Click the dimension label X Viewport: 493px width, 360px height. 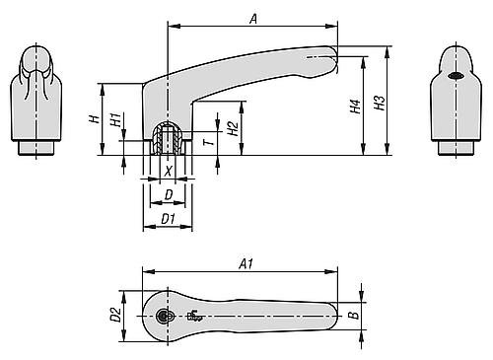pos(169,170)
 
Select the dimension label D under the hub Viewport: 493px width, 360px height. pos(169,195)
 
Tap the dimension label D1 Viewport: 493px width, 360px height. pos(168,218)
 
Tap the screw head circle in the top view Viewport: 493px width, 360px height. pos(164,316)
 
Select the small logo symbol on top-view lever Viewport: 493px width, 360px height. pos(192,317)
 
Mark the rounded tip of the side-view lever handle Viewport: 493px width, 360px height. pos(331,53)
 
